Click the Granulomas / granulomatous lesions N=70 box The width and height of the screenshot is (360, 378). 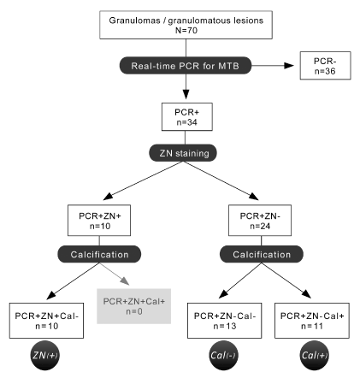point(186,25)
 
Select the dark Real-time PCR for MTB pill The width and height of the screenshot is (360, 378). point(186,66)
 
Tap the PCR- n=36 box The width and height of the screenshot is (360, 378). point(325,66)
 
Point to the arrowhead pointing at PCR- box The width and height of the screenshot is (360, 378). point(289,66)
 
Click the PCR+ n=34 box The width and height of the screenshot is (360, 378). point(187,117)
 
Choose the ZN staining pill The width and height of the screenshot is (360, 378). point(183,153)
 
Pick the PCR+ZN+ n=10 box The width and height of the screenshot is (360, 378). point(99,221)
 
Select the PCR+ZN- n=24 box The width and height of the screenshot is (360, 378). point(260,221)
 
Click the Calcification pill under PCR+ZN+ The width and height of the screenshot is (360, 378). point(99,254)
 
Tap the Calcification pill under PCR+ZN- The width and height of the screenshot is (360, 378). point(262,254)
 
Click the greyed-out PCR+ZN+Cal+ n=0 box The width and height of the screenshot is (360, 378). point(134,306)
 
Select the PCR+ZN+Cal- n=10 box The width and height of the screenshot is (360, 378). point(46,321)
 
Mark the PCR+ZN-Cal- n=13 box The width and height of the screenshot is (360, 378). point(225,321)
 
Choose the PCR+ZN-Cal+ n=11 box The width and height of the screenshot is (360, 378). point(312,321)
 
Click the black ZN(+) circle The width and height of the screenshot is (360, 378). point(45,355)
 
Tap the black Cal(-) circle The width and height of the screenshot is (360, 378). point(223,355)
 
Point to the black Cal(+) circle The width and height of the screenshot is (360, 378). point(315,355)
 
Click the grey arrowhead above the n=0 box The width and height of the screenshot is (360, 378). point(125,281)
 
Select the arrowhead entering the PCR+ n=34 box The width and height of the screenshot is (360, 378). point(186,94)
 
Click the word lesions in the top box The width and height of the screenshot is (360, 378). point(249,21)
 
